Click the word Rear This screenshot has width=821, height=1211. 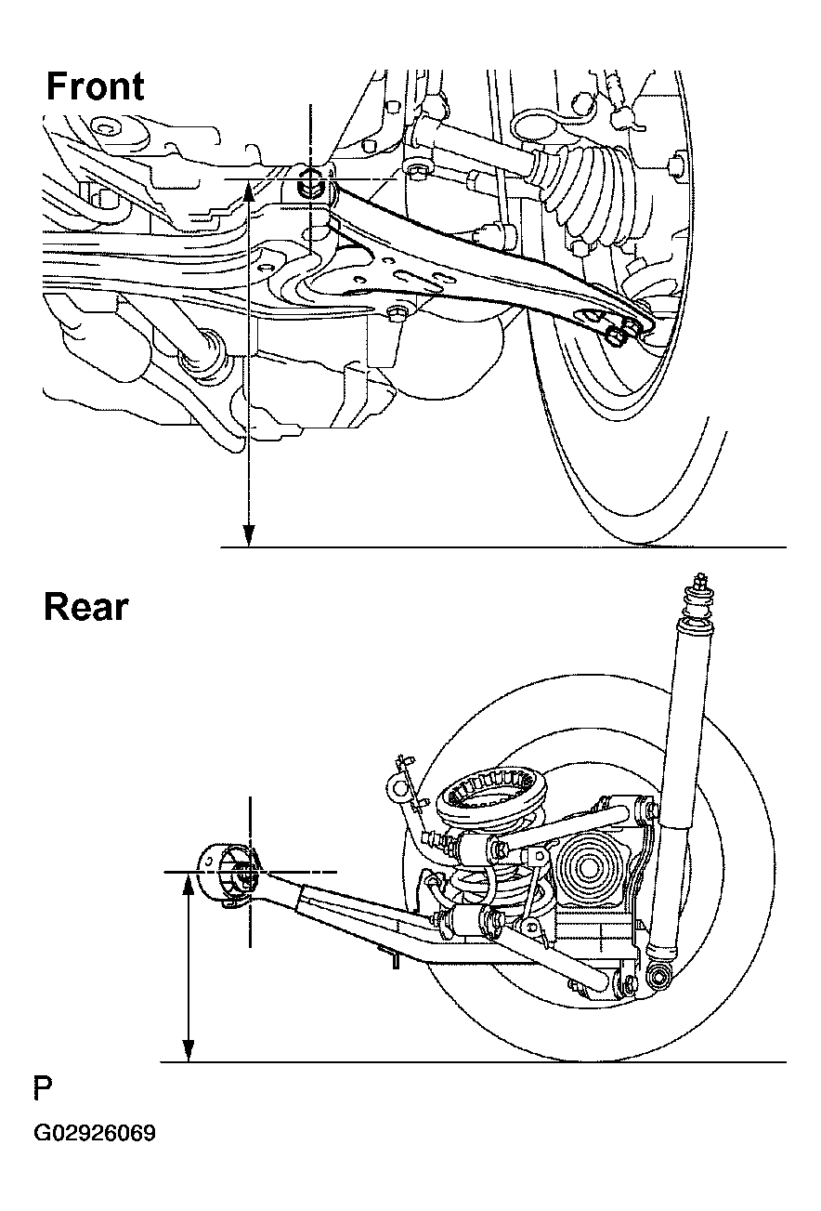pos(85,607)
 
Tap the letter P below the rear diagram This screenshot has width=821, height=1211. pos(43,1088)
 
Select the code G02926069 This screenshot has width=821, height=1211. pos(95,1135)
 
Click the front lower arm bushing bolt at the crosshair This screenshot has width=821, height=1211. pos(311,182)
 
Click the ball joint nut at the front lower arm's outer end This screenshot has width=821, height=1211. pos(617,332)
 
